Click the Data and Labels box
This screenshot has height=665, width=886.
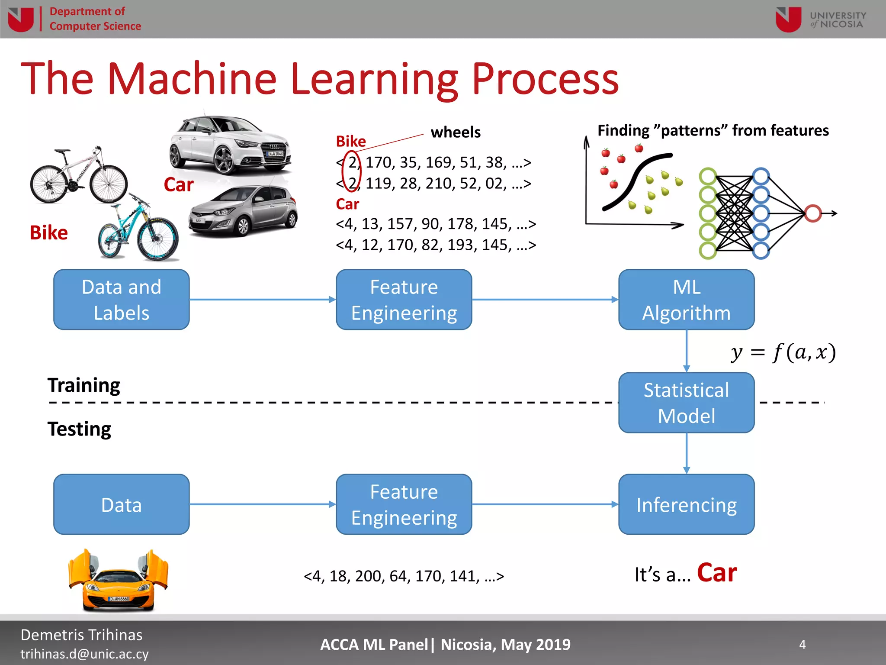point(121,300)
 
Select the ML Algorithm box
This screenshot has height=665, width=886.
point(686,300)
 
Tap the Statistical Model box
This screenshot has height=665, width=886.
point(686,403)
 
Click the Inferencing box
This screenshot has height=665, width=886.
point(686,504)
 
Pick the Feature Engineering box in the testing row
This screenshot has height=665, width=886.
point(404,504)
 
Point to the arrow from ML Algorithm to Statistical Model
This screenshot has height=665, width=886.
point(687,351)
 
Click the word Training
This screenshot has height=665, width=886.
point(84,385)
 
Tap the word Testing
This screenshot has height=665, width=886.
point(79,429)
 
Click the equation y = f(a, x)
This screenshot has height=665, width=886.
point(783,352)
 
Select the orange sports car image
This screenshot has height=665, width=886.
point(118,580)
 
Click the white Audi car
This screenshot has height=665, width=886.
point(230,145)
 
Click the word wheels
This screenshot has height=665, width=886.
point(456,132)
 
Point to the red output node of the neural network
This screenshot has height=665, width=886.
point(813,213)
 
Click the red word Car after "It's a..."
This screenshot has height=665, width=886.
point(717,573)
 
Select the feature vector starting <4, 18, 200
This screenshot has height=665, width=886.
point(404,576)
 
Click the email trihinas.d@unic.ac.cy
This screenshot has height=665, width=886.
point(84,654)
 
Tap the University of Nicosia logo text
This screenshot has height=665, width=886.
point(838,20)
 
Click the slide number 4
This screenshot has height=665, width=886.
point(802,645)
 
